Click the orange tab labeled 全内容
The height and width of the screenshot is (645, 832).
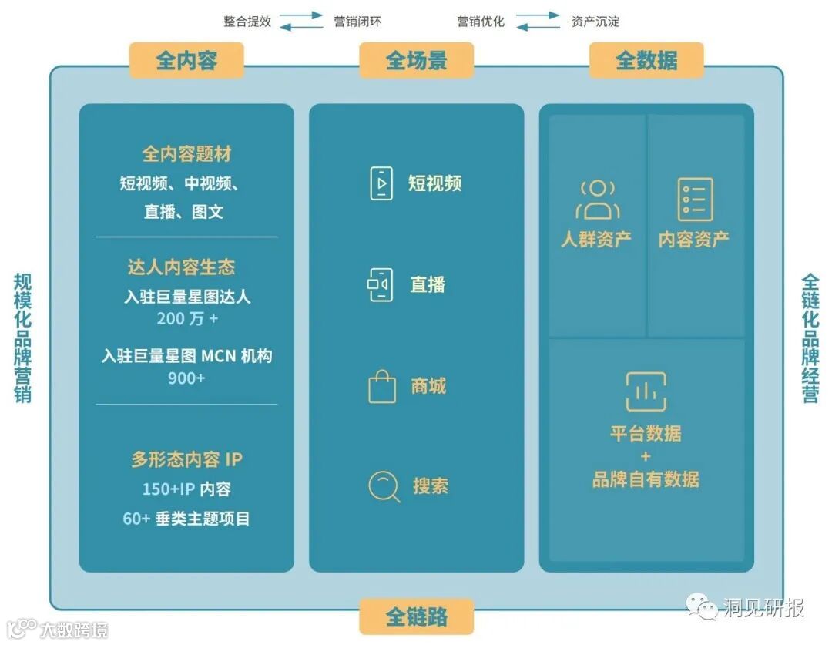[x=186, y=61]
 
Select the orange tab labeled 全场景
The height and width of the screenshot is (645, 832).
[x=416, y=61]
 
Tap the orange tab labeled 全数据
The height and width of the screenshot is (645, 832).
[x=646, y=61]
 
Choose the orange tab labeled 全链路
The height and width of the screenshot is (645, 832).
[x=416, y=616]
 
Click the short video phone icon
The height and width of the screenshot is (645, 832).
[x=381, y=183]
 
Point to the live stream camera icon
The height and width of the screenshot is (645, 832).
[x=381, y=284]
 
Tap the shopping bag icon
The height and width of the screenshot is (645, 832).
[x=382, y=386]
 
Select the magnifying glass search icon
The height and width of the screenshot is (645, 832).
[x=384, y=486]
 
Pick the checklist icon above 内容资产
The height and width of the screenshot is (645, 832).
[x=695, y=200]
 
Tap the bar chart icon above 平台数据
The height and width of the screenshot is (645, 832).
[x=646, y=392]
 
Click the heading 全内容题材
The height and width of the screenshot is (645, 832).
[x=186, y=154]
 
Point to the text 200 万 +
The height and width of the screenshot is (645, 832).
[x=186, y=318]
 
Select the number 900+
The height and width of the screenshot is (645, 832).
[x=186, y=378]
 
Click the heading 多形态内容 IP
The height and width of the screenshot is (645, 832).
[x=186, y=459]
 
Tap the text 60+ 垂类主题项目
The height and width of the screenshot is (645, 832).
[x=186, y=519]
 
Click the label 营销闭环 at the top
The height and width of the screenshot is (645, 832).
[x=357, y=22]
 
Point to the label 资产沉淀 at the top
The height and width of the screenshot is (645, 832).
[x=595, y=22]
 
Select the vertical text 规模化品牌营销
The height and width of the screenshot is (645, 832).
[x=22, y=338]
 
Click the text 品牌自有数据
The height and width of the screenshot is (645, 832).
[x=646, y=479]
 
